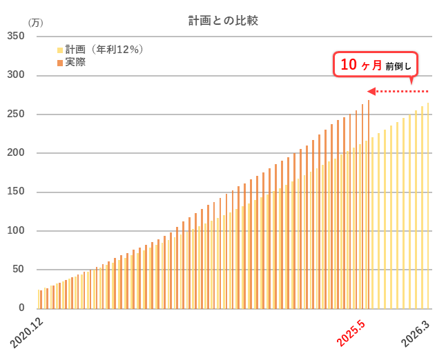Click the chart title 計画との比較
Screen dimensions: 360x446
pos(223,21)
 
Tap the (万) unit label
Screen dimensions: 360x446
pos(35,22)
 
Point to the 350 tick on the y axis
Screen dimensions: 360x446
pos(16,36)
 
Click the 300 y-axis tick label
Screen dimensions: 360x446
pos(16,74)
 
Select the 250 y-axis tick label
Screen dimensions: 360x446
pos(16,114)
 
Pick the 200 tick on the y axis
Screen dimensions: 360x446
pos(16,152)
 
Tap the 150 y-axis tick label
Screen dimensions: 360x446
pos(16,192)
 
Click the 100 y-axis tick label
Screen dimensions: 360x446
pos(16,230)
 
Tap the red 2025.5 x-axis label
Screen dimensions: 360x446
pos(355,332)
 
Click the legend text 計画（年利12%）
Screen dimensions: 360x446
pos(104,50)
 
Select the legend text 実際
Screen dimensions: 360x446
pos(75,62)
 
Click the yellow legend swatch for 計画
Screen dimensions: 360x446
pos(61,50)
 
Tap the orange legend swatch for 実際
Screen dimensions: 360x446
pos(61,63)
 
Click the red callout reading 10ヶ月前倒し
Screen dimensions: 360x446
pos(376,65)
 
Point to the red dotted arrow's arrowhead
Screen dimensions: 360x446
pos(371,91)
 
